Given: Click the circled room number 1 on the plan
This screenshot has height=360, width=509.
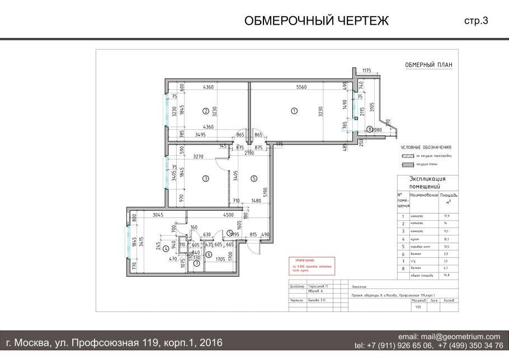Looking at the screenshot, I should (x=294, y=111).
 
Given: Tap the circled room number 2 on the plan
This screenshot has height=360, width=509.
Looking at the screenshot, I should (x=205, y=111).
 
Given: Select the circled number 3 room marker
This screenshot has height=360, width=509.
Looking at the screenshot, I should (x=205, y=179).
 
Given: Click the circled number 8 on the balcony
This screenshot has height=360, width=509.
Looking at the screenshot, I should (x=370, y=129).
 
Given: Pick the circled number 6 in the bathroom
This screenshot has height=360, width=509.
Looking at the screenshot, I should (x=209, y=254).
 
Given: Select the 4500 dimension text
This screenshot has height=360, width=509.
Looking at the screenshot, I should (x=228, y=215).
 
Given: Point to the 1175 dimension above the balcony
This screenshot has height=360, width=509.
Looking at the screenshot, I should (x=366, y=70).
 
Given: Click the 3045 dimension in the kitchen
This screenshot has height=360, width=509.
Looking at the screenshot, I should (x=161, y=215).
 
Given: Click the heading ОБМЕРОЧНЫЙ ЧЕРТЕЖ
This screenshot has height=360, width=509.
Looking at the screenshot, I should (x=316, y=21).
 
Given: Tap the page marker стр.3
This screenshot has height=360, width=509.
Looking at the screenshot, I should (x=476, y=21).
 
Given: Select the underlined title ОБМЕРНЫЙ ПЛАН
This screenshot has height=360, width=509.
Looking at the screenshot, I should (x=428, y=65).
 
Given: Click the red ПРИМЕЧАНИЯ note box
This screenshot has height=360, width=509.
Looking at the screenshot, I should (x=310, y=267).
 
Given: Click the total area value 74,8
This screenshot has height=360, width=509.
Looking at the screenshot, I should (x=446, y=276).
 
